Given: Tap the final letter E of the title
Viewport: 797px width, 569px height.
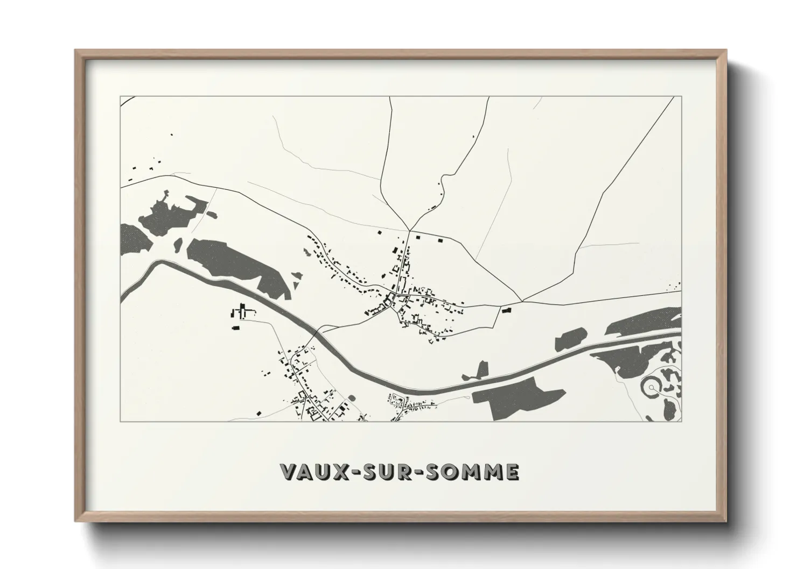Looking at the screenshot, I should tap(512, 472).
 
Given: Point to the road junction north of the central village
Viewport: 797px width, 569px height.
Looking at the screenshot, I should tap(409, 231).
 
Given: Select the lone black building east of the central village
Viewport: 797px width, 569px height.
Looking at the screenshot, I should tap(505, 310).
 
